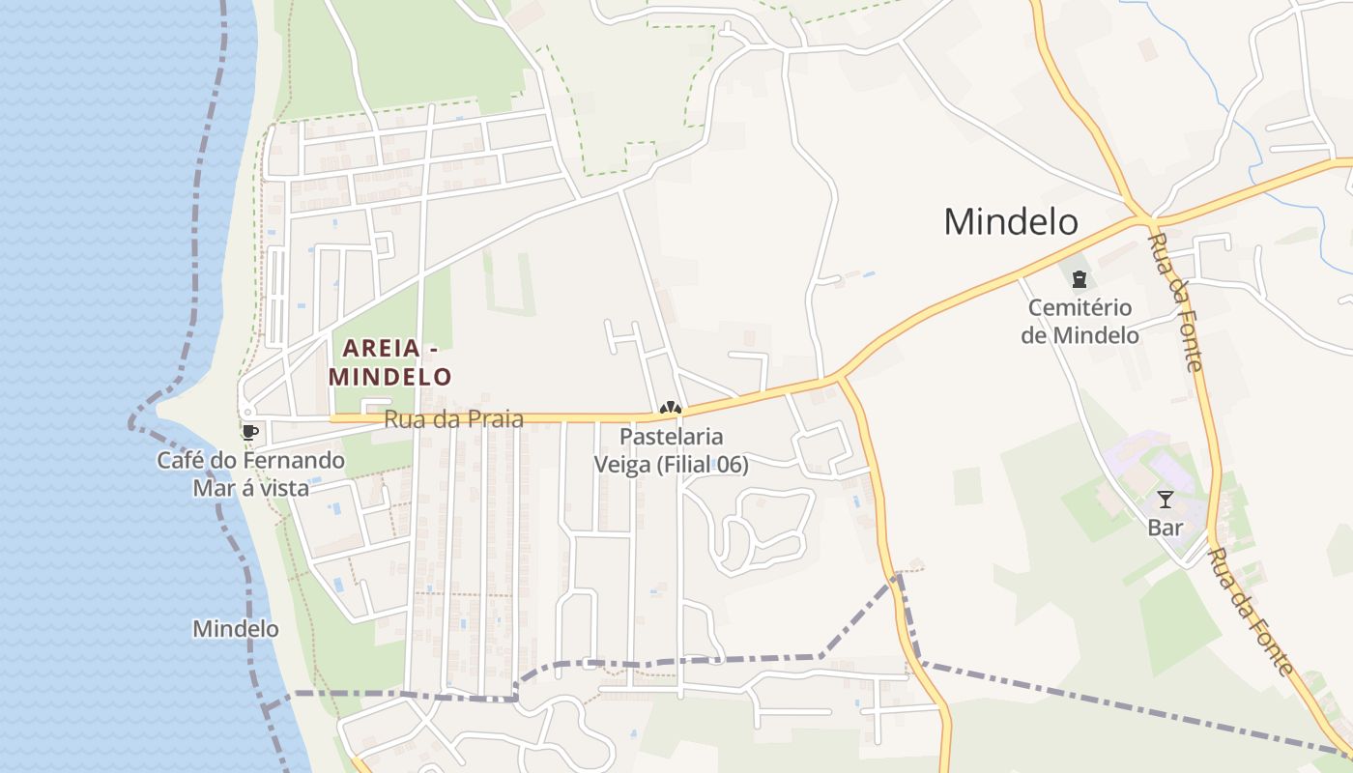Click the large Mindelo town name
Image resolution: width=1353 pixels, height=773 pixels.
pos(1010,221)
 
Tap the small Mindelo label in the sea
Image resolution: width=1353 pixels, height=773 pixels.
pos(236,629)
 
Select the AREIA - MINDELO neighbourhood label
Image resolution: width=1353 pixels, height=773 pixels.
pos(389,362)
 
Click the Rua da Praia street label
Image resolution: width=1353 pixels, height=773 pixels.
pos(453,419)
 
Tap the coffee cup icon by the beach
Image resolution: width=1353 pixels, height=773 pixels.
pos(249,432)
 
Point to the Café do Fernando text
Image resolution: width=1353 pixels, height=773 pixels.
pos(250,460)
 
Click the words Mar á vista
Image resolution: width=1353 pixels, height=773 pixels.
pos(250,488)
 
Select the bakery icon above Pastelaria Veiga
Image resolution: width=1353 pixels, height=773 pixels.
pos(671,410)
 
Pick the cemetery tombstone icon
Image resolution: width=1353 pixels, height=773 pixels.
pos(1079,280)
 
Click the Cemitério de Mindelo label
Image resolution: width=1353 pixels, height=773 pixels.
pos(1080,322)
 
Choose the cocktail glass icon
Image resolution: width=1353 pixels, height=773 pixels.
pos(1165,500)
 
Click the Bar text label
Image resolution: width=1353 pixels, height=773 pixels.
pos(1165,529)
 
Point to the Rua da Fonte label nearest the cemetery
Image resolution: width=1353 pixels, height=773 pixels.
pos(1176,301)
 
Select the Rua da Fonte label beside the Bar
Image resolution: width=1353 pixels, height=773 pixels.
pos(1252,613)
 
